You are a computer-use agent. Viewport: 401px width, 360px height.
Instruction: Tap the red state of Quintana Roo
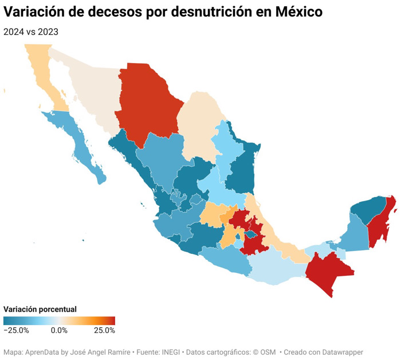click(382, 226)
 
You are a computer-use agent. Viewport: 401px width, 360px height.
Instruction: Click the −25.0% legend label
click(17, 330)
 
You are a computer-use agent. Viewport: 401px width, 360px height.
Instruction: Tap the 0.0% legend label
click(59, 330)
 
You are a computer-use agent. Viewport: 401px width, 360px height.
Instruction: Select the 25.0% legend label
click(105, 330)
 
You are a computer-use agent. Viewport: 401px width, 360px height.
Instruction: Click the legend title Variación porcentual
click(40, 309)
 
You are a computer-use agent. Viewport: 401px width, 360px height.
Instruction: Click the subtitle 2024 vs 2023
click(31, 32)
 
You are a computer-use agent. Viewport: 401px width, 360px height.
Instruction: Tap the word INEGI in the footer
click(173, 352)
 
